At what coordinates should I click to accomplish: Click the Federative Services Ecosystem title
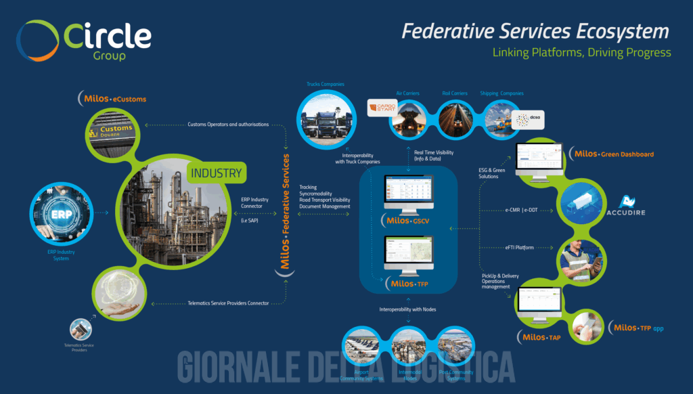(535, 31)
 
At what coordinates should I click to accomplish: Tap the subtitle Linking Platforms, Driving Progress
(581, 52)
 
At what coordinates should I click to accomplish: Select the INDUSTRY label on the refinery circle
(215, 173)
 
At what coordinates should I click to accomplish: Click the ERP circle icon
(60, 213)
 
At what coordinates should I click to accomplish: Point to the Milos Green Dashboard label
(613, 154)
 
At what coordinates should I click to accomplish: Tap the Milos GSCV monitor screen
(407, 192)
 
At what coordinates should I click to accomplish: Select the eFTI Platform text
(519, 248)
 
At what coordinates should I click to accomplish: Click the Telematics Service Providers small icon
(80, 330)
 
